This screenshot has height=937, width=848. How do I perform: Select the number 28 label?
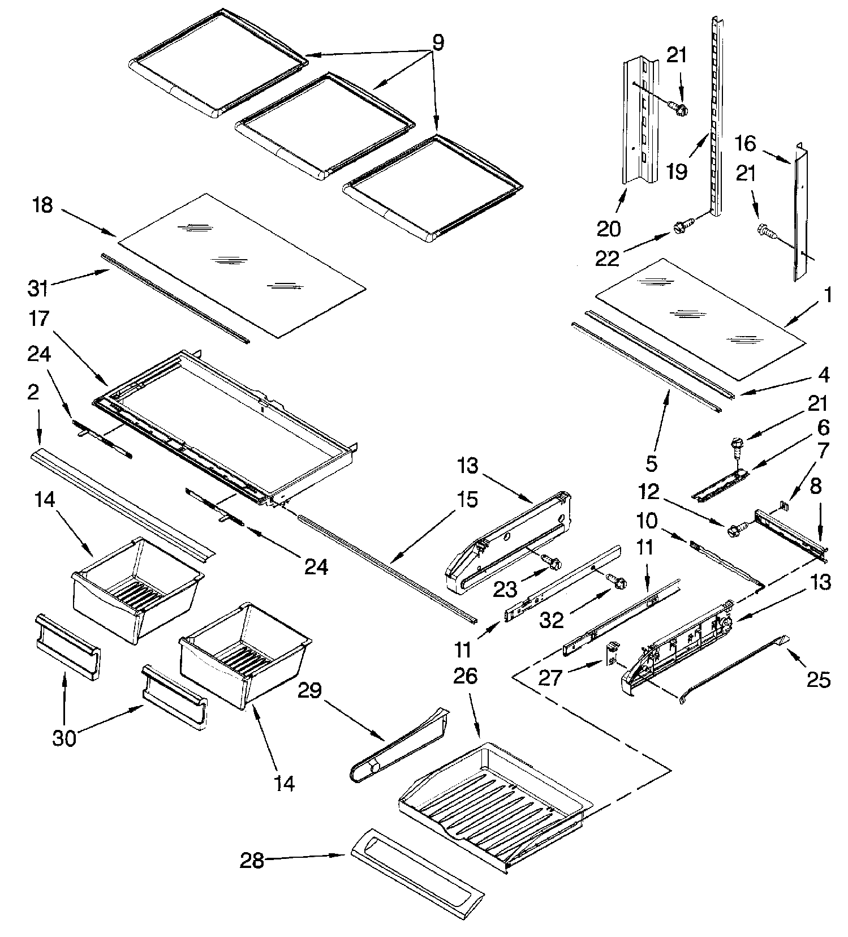[252, 861]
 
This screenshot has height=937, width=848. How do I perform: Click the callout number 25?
[819, 678]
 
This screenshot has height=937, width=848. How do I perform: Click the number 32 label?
[551, 620]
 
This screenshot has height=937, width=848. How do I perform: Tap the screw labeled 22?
[679, 227]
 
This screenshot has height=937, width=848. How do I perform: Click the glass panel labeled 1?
[699, 319]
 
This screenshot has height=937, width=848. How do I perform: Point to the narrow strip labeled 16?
[800, 215]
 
